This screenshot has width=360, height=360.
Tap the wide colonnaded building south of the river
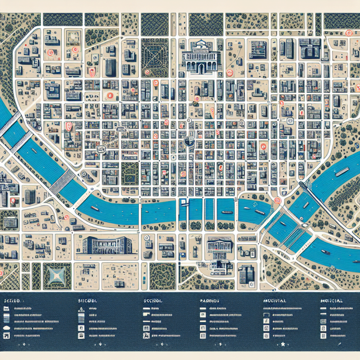[106, 244]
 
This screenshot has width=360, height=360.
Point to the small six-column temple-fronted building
[220, 245]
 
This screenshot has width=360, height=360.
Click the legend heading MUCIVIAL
[272, 300]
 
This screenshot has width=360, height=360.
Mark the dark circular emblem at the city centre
[190, 141]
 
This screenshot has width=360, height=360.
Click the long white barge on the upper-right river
[341, 172]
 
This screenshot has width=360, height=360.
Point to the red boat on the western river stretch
[94, 208]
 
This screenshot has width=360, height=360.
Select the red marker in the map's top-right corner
[347, 33]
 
